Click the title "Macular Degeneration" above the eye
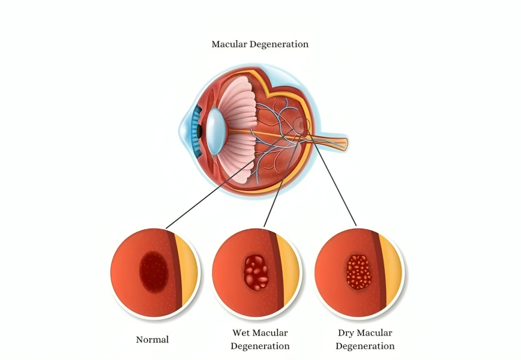260,44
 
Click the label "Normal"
152,340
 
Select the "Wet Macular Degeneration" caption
260,339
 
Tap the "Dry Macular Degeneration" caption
365,339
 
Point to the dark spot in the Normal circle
154,272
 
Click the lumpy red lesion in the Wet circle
256,272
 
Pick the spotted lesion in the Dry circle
359,272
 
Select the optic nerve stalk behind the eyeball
333,142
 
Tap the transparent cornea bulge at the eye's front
184,130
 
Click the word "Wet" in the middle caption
241,332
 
